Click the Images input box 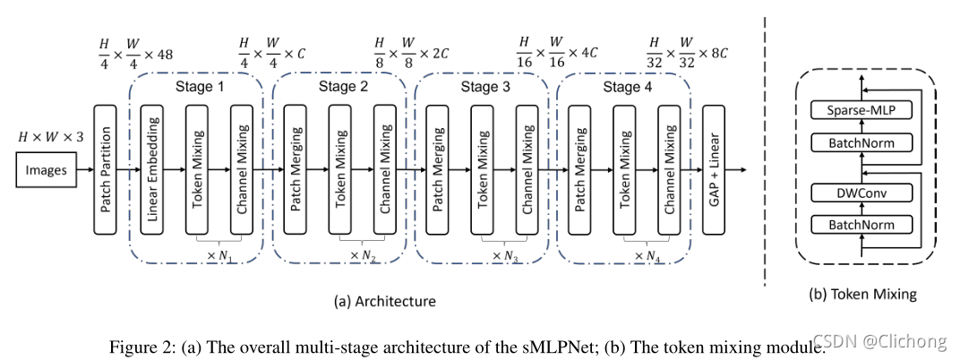pyautogui.click(x=46, y=169)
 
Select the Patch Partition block pyautogui.click(x=107, y=169)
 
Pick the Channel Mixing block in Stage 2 pyautogui.click(x=386, y=169)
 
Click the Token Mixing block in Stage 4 pyautogui.click(x=626, y=169)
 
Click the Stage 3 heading pyautogui.click(x=484, y=87)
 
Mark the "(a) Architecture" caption pyautogui.click(x=384, y=301)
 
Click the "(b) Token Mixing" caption pyautogui.click(x=862, y=294)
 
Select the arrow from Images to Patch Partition pyautogui.click(x=83, y=169)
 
